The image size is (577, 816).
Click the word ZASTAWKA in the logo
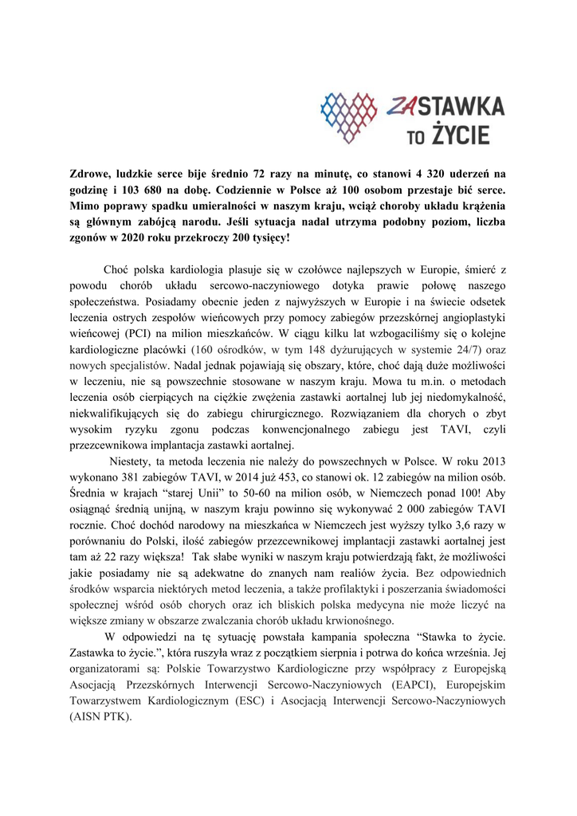pyautogui.click(x=446, y=105)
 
